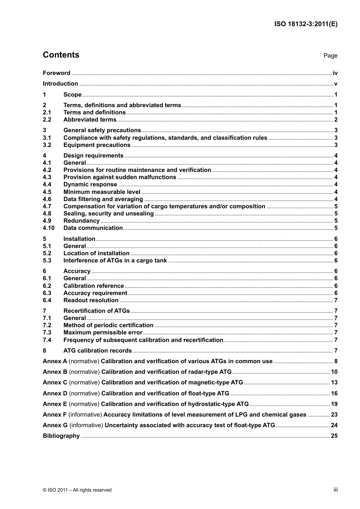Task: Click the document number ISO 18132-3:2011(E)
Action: (306, 24)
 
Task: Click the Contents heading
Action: (61, 55)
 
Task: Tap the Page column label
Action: (330, 56)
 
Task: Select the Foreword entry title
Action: (56, 73)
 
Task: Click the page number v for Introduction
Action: (336, 84)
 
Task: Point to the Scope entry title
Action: (72, 95)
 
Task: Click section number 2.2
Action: (47, 120)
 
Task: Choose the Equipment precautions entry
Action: (97, 145)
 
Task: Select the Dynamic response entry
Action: (90, 184)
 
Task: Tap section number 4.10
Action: (49, 228)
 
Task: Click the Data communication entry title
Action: (93, 228)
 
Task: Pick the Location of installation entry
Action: (96, 253)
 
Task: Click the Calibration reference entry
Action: (94, 286)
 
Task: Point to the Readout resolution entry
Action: (91, 300)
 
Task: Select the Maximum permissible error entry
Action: (103, 333)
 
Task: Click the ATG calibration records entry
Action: (97, 351)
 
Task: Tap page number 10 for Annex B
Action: (334, 372)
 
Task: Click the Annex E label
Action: (55, 404)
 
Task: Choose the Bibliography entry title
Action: (61, 436)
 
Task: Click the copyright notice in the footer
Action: (77, 490)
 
